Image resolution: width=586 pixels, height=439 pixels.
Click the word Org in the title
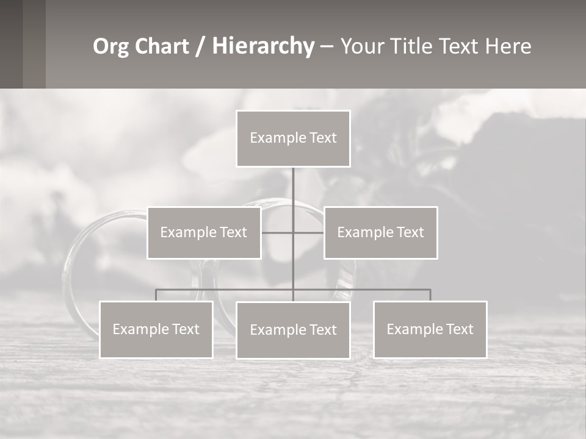112,46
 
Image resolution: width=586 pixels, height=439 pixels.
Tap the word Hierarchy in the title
263,46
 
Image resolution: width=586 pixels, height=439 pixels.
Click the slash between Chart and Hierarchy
201,46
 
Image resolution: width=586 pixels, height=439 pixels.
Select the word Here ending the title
508,46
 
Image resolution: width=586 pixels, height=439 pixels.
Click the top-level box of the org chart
293,138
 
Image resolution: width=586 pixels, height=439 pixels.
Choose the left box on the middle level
204,232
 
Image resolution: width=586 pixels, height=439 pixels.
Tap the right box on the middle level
381,232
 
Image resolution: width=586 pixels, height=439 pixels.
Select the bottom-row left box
156,329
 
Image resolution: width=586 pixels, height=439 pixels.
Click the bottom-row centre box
293,330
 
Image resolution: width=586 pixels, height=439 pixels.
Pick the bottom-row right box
430,329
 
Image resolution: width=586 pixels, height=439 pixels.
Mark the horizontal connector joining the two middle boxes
308,232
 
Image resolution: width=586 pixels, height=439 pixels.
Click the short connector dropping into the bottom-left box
156,295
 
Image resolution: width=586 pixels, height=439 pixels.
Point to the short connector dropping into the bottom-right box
430,295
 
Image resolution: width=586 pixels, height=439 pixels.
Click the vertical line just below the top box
293,183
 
